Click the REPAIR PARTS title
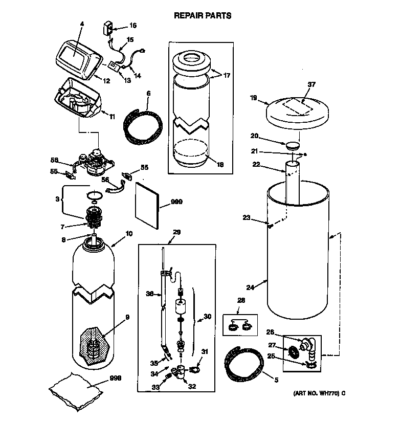point(203,15)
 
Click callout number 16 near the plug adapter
point(132,25)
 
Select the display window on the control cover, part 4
point(72,55)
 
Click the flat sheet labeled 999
point(146,205)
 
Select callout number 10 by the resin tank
point(128,234)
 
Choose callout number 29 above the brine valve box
point(176,232)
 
